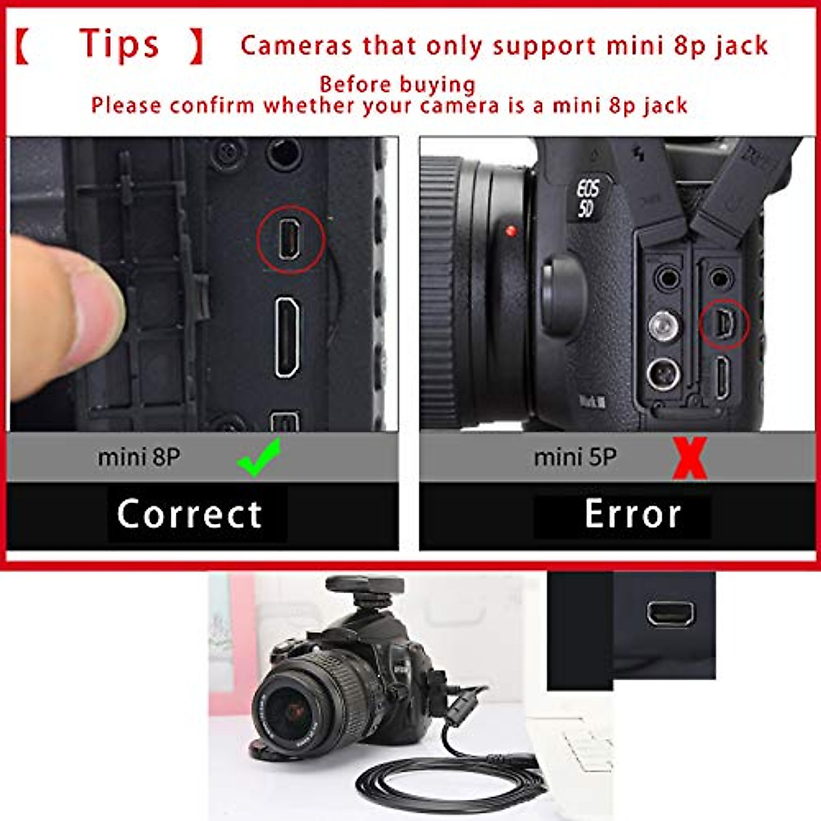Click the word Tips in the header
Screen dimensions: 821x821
point(119,45)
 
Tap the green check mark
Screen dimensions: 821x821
point(259,458)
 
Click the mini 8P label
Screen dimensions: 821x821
point(139,457)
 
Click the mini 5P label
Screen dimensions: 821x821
point(575,457)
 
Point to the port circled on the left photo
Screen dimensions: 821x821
point(290,239)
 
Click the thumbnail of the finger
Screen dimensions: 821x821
point(96,308)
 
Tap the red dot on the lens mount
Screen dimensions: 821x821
point(510,232)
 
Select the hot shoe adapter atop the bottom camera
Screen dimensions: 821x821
point(365,590)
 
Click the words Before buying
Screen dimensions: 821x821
point(397,84)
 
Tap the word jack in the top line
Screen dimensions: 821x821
point(742,46)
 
